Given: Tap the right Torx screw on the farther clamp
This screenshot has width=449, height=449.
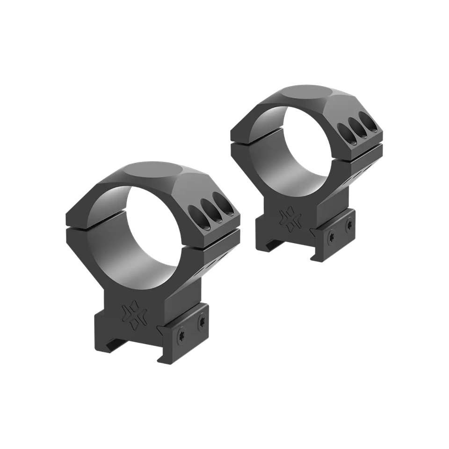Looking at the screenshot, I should click(x=349, y=225).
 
